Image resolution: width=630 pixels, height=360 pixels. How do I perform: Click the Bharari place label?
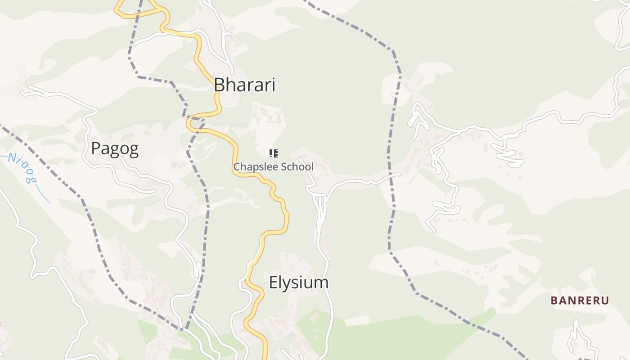point(244,85)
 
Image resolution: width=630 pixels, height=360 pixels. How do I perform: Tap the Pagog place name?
point(115,148)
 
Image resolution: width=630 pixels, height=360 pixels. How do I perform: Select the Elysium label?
point(298,283)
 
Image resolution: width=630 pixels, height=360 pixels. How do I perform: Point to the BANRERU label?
point(580,301)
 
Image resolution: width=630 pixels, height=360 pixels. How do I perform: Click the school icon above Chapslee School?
point(273,153)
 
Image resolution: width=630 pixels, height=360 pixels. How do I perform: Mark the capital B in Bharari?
point(219,85)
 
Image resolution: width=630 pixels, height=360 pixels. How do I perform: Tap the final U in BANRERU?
point(605,301)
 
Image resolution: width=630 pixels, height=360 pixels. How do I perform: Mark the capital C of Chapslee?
point(237,167)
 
